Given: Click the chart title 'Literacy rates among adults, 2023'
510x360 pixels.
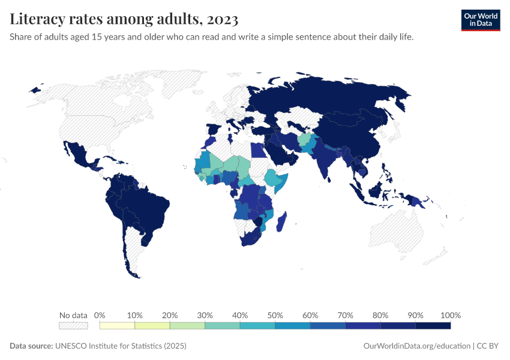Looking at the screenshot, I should coord(124,19).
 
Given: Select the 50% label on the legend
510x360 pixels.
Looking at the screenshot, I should coord(275,315).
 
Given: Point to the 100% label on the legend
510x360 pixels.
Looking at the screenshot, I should coord(450,315).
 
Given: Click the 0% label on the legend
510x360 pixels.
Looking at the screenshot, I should coord(100,315).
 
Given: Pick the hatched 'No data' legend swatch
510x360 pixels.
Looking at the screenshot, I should coord(73,325).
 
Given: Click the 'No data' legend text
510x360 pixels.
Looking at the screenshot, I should coord(73,315).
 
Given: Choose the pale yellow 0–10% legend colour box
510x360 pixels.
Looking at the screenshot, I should coord(117,325).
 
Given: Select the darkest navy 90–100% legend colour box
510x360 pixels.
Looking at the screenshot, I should coord(433,325).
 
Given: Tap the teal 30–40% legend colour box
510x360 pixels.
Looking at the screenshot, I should coord(222,325).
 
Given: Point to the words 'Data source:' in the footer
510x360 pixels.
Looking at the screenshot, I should coord(31,346).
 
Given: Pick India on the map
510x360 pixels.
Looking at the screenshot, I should coord(327,162).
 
